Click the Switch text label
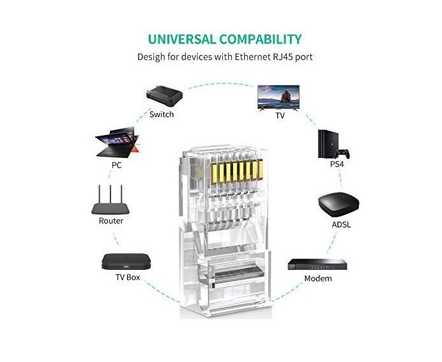tap(161, 114)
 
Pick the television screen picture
tap(279, 97)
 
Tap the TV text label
tap(280, 116)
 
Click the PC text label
tap(116, 164)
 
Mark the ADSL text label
tap(341, 224)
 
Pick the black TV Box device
tap(127, 261)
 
